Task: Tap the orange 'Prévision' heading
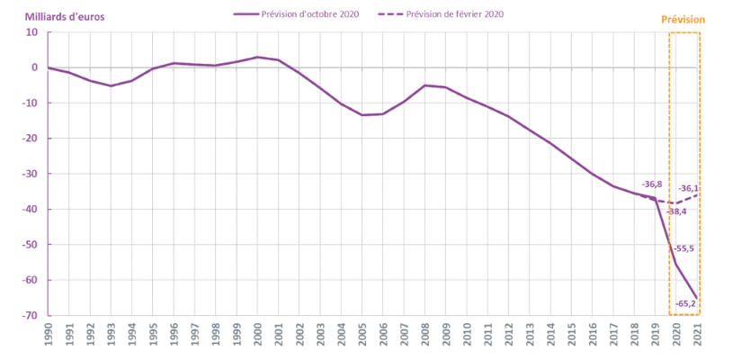coord(683,20)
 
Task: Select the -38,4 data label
coord(675,211)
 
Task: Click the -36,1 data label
coord(689,188)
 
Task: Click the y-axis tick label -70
coord(30,316)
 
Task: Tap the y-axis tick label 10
coord(32,32)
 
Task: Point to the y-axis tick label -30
coord(30,174)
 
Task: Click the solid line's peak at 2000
coord(257,58)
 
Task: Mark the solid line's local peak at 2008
coord(425,85)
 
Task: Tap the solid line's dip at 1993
coord(111,85)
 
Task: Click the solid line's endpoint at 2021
coord(697,298)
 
